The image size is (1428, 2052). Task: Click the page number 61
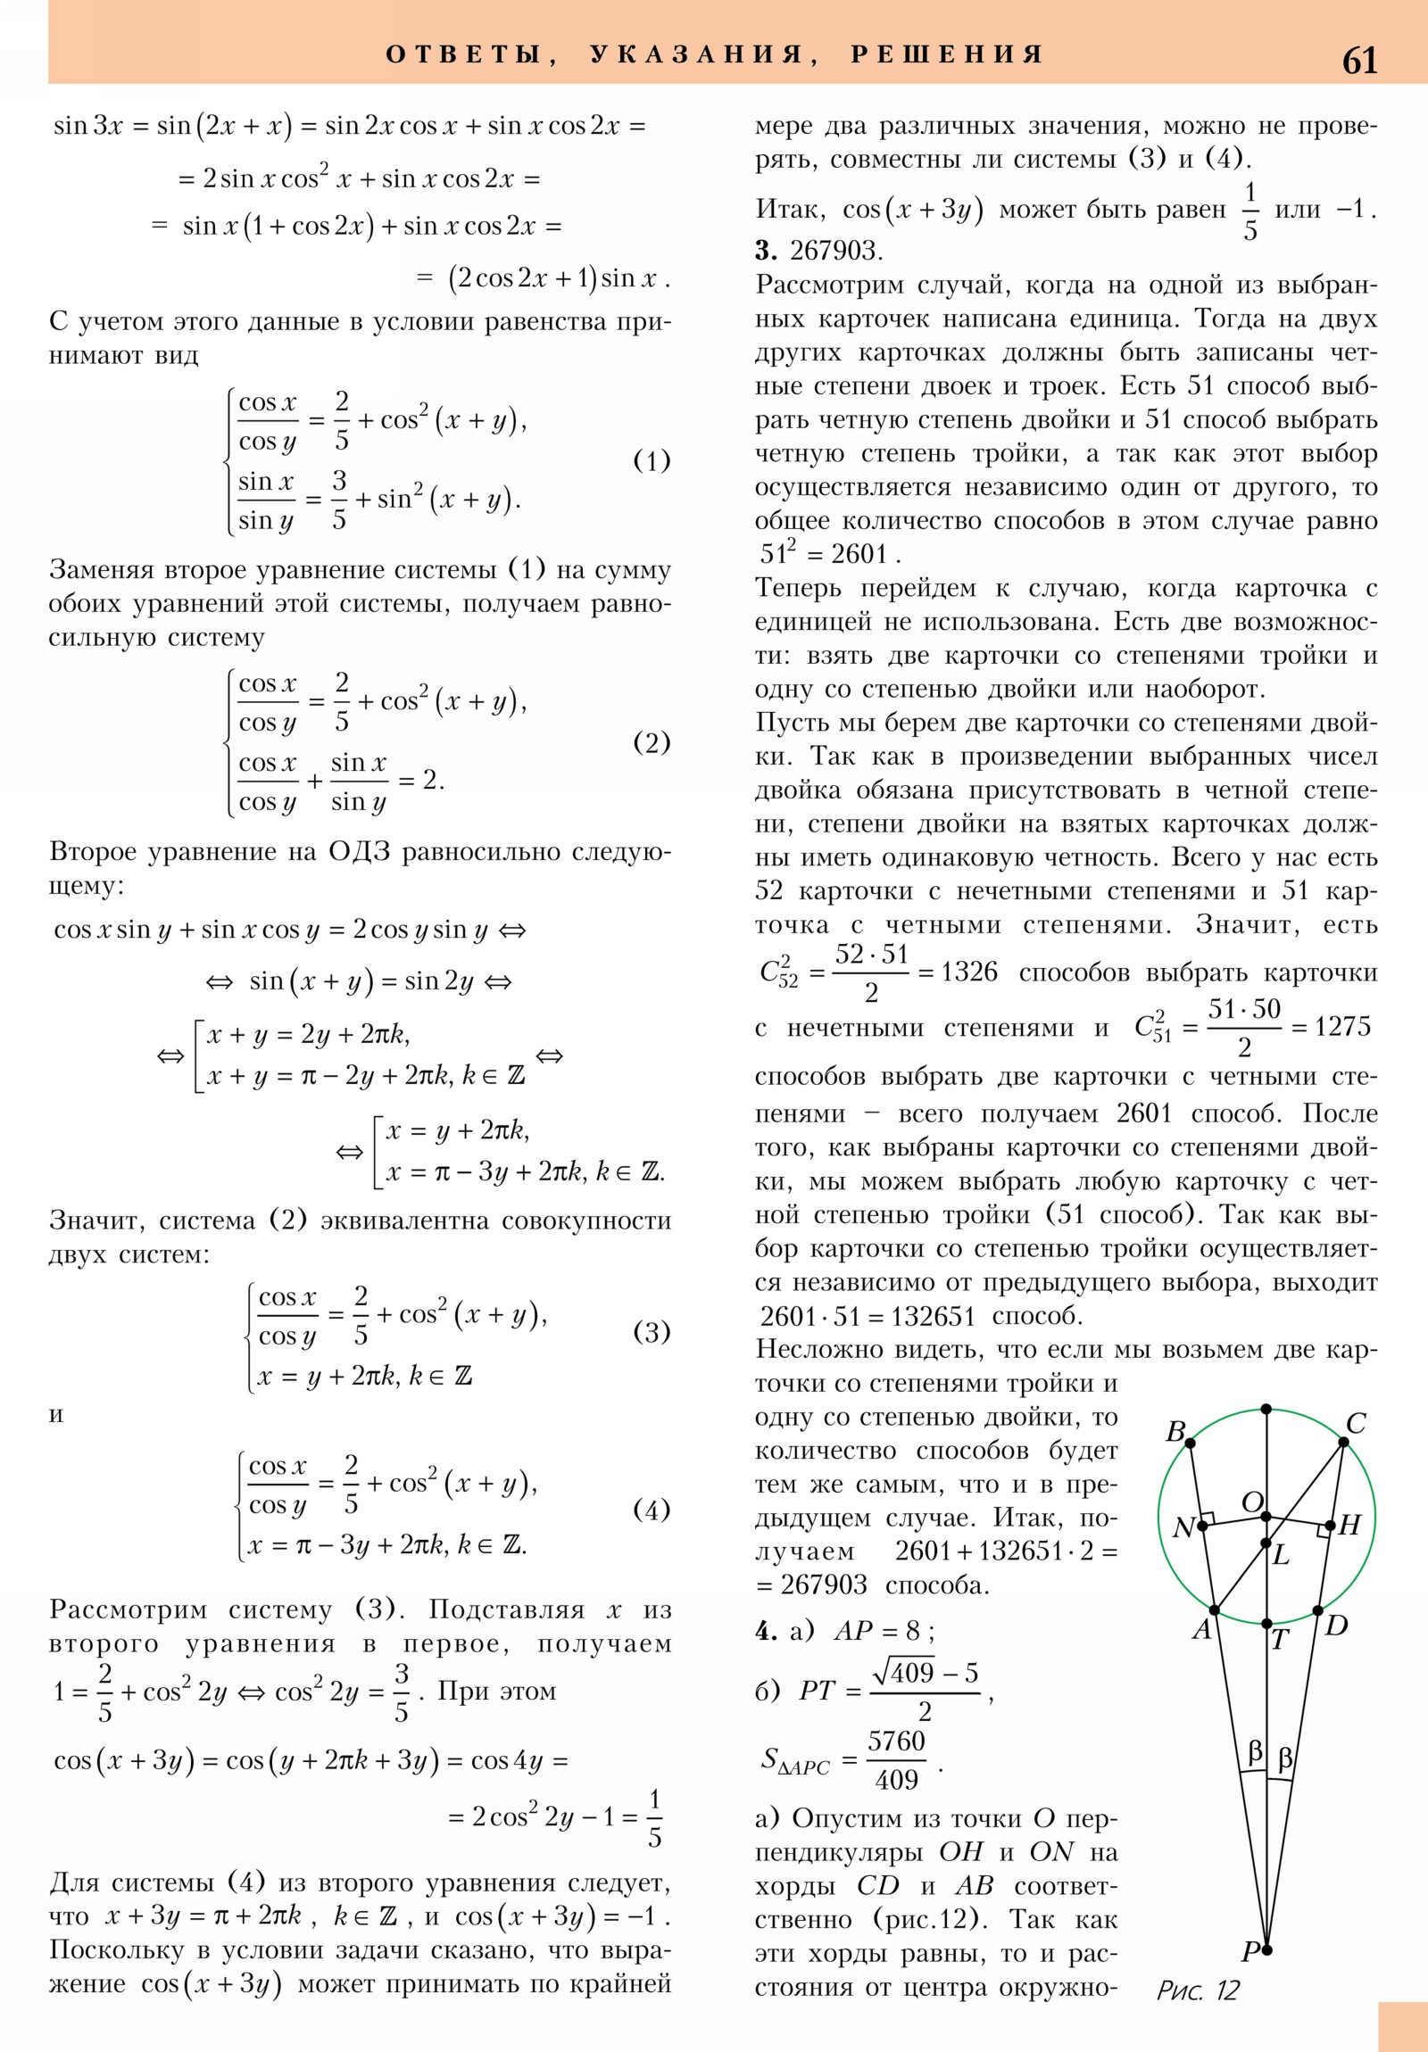(x=1359, y=61)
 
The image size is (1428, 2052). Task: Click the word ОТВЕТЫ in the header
(x=464, y=54)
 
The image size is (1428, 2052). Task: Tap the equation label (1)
(x=651, y=461)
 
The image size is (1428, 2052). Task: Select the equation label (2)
(x=651, y=742)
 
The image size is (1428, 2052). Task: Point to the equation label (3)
(x=651, y=1333)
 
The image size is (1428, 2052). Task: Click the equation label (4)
(x=651, y=1510)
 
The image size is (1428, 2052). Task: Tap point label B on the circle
(x=1175, y=1432)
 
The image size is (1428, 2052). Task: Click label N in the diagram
(x=1183, y=1527)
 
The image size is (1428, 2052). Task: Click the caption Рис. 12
(x=1198, y=1990)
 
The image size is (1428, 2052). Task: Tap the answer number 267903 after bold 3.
(x=835, y=251)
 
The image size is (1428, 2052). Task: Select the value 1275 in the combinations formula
(x=1342, y=1027)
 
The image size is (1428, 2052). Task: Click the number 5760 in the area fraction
(x=896, y=1741)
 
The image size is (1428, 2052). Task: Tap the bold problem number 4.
(x=766, y=1631)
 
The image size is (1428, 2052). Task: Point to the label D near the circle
(x=1336, y=1626)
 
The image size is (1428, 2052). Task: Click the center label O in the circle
(x=1253, y=1502)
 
